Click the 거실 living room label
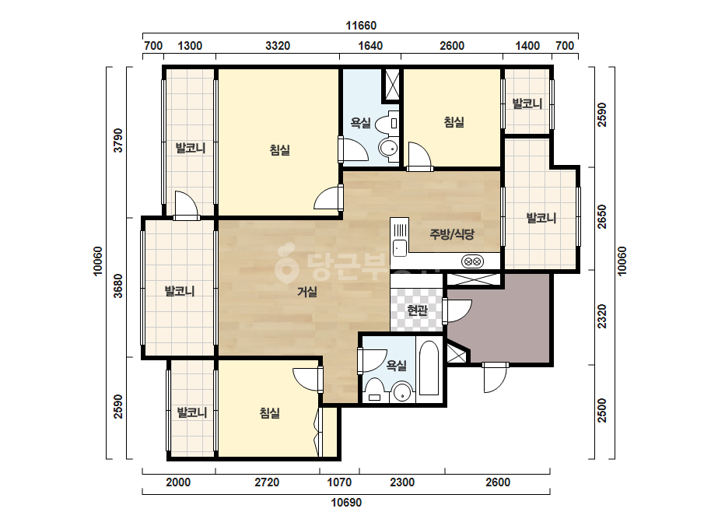(307, 292)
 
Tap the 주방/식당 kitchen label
(451, 234)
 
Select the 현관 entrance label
(417, 310)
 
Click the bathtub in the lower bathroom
(429, 368)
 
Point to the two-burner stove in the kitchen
(472, 261)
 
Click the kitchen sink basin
(399, 247)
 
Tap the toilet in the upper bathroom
(387, 123)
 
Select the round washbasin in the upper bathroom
(389, 149)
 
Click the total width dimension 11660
(361, 25)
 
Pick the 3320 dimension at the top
(278, 46)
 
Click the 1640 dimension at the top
(370, 46)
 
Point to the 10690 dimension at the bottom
(346, 503)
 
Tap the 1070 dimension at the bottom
(339, 482)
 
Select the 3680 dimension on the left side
(118, 286)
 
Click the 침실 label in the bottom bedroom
(270, 413)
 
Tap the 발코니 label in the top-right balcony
(527, 103)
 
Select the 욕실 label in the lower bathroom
(397, 365)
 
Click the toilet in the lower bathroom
(375, 391)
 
